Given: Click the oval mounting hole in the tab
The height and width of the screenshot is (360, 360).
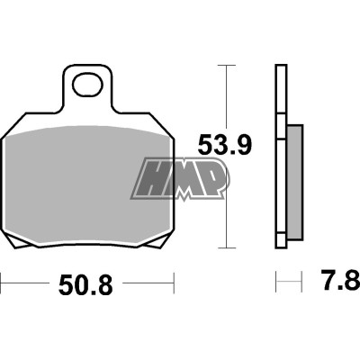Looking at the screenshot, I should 88,87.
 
